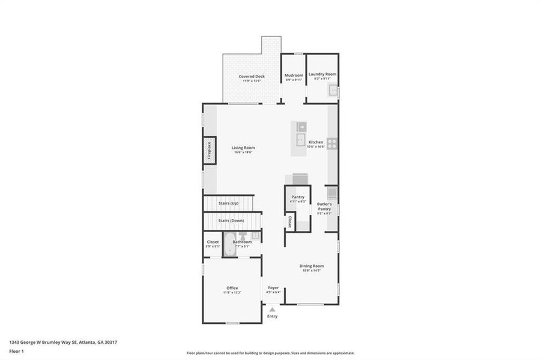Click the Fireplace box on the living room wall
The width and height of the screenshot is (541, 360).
point(209,150)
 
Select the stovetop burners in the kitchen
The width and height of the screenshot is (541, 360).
point(333,143)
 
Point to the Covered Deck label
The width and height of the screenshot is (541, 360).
point(252,76)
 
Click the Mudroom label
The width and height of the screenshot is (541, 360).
point(294,75)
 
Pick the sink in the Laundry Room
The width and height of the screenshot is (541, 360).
point(332,91)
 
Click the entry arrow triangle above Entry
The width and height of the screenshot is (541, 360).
point(272,309)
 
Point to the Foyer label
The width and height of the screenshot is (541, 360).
point(273,288)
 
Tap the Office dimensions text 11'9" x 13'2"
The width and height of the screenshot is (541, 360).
point(232,292)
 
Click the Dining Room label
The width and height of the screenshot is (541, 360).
point(312,266)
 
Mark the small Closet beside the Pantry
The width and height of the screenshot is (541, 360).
point(289,222)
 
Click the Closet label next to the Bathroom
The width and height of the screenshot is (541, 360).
point(213,242)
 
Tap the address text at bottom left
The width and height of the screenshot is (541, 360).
point(63,342)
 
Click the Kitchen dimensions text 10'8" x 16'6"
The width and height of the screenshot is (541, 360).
point(315,146)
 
